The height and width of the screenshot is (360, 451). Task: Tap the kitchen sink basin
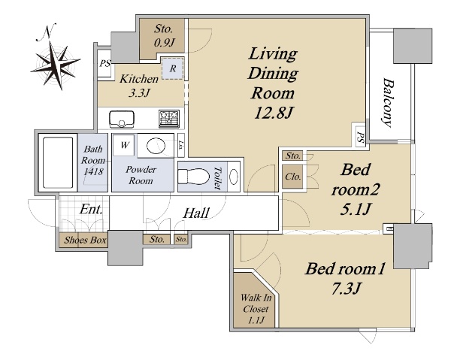coord(122,119)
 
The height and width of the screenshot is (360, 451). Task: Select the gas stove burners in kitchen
coord(169,119)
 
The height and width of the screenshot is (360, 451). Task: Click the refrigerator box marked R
coord(173,68)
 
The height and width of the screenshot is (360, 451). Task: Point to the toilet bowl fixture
coord(193,177)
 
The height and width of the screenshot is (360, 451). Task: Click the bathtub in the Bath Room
coord(58,162)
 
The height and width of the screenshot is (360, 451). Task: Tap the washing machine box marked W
coord(124,145)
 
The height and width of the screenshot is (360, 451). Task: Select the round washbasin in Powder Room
coord(156,146)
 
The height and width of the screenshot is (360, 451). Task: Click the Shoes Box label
coord(85,240)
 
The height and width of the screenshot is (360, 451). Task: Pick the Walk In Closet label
coord(256,309)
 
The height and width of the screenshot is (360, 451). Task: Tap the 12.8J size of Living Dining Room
coord(274,112)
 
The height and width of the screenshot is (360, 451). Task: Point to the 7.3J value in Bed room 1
coord(346,289)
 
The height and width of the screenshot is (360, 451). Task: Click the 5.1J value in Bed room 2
coord(356,209)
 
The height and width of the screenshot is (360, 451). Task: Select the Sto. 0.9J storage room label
coord(164,35)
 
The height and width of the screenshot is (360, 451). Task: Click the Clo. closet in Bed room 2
coord(293,177)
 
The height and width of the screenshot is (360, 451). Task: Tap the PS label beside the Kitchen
coord(104,64)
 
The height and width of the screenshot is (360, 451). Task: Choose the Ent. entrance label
coord(91,209)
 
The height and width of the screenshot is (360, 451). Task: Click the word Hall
coord(196,213)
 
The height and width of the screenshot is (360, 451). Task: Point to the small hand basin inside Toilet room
coord(234,176)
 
